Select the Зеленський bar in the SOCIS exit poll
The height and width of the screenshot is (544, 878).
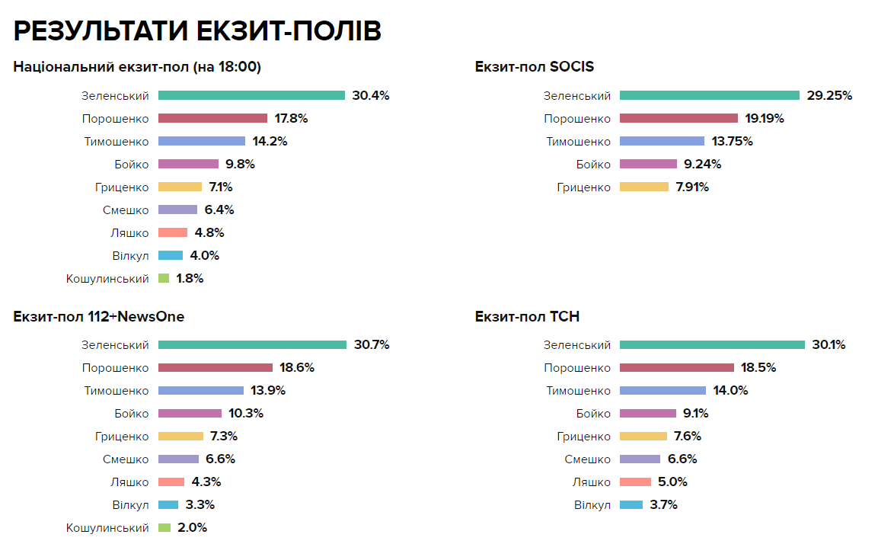pyautogui.click(x=710, y=96)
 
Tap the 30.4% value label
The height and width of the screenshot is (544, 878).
pyautogui.click(x=371, y=96)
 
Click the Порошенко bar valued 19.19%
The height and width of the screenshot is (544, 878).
pyautogui.click(x=678, y=119)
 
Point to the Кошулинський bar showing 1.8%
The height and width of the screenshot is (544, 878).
pyautogui.click(x=164, y=279)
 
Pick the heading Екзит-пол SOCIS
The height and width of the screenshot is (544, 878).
pyautogui.click(x=535, y=67)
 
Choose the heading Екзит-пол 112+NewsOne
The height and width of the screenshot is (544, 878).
pyautogui.click(x=99, y=317)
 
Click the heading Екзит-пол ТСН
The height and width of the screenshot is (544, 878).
pyautogui.click(x=528, y=317)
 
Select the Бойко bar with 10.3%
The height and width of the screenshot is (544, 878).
pyautogui.click(x=190, y=414)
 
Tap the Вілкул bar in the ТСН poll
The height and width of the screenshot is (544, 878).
pyautogui.click(x=631, y=505)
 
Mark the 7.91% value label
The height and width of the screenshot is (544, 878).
pyautogui.click(x=691, y=187)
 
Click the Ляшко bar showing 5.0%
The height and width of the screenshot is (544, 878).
pyautogui.click(x=635, y=482)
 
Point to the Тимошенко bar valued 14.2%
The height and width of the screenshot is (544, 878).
pyautogui.click(x=202, y=142)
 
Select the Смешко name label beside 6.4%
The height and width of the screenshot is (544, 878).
pyautogui.click(x=126, y=210)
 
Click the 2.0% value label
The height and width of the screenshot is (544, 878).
pyautogui.click(x=192, y=528)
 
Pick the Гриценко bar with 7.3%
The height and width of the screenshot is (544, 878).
pyautogui.click(x=181, y=437)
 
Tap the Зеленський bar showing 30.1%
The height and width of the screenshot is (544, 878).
pyautogui.click(x=712, y=345)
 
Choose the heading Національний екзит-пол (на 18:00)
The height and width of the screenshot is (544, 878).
pyautogui.click(x=137, y=67)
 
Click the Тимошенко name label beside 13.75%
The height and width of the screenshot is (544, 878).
pyautogui.click(x=578, y=142)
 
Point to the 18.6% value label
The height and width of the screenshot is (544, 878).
pyautogui.click(x=297, y=368)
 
